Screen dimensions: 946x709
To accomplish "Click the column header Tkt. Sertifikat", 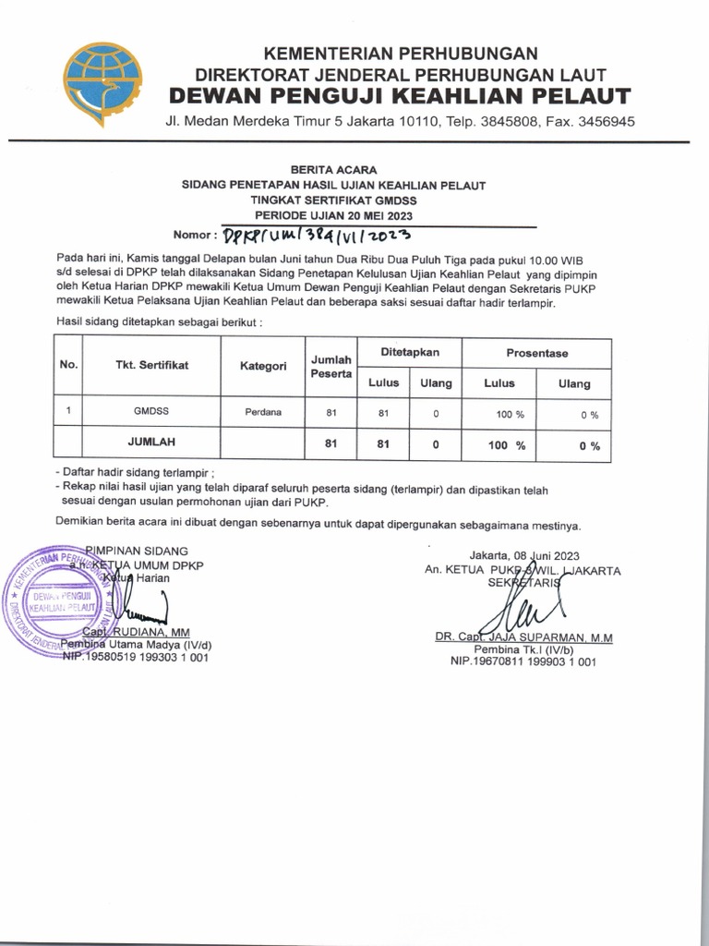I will pyautogui.click(x=151, y=365).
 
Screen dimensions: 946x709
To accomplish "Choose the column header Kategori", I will pyautogui.click(x=263, y=366).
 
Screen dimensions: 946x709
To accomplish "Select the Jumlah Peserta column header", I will pyautogui.click(x=331, y=366).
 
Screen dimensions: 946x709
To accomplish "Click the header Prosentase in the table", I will pyautogui.click(x=536, y=353).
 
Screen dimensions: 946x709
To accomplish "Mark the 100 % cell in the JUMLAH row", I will pyautogui.click(x=507, y=445).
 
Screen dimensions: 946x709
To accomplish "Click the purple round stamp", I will pyautogui.click(x=54, y=603).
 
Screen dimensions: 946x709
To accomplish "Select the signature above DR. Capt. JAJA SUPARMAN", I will pyautogui.click(x=522, y=608).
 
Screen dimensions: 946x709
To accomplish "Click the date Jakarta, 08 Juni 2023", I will pyautogui.click(x=523, y=555).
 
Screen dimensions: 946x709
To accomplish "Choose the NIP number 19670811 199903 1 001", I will pyautogui.click(x=523, y=661).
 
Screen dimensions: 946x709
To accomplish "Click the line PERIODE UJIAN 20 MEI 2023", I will pyautogui.click(x=333, y=214).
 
